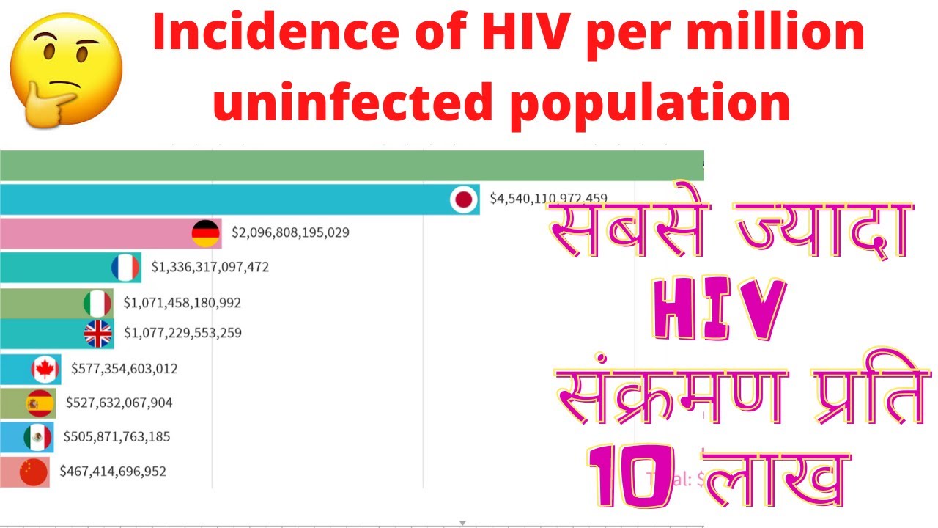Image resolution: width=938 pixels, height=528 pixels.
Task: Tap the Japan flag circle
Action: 463,199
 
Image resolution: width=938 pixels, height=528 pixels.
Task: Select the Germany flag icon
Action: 206,232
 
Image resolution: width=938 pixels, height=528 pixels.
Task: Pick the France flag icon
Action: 125,267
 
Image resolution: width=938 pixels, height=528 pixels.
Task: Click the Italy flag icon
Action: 97,302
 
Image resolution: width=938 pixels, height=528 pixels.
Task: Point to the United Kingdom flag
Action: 97,333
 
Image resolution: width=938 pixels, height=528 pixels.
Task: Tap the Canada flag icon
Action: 45,369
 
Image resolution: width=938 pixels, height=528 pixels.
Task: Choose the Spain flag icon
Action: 40,403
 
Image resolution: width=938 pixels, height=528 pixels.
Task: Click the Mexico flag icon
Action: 37,437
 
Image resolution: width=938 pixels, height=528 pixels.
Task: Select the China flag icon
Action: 33,472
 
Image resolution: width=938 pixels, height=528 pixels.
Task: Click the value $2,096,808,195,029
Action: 290,232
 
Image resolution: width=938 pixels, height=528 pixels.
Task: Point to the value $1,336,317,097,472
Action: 210,267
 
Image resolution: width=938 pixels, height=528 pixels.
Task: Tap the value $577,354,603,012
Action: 124,368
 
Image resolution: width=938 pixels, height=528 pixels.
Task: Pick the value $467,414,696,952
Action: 113,471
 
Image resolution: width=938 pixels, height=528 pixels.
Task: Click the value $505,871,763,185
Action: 117,437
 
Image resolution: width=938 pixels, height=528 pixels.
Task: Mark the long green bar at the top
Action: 352,165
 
